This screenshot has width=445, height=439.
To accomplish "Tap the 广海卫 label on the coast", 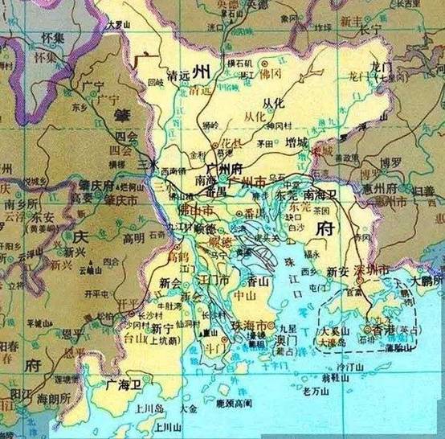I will [122, 385].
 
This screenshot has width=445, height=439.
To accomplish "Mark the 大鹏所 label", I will [426, 283].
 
